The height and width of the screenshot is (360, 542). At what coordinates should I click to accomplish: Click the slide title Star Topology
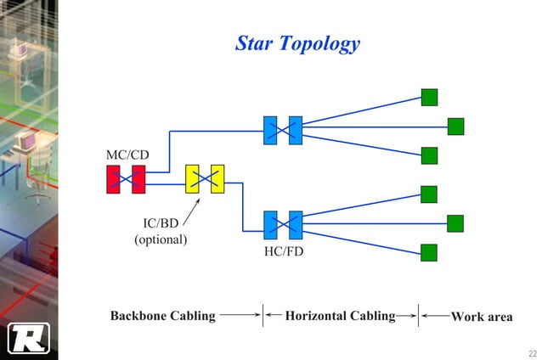(x=297, y=43)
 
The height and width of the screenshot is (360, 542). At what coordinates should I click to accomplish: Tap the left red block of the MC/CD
(x=113, y=179)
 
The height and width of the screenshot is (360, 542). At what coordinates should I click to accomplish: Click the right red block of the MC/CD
(x=138, y=179)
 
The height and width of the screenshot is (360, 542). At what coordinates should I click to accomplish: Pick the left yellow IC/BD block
(x=192, y=178)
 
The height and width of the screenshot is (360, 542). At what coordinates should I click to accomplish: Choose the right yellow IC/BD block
(x=217, y=178)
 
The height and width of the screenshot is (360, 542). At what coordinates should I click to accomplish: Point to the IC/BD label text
(x=161, y=223)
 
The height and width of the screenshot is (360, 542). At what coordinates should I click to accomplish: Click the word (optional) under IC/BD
(x=161, y=239)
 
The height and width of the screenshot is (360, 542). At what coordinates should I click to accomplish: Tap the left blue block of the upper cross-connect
(x=270, y=130)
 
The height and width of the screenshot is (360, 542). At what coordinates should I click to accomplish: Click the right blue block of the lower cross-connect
(x=296, y=225)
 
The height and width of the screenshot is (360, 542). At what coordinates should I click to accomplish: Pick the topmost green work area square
(x=429, y=97)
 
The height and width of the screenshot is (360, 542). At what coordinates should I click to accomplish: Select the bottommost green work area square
(x=429, y=252)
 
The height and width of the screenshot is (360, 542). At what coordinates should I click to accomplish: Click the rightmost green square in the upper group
(x=456, y=127)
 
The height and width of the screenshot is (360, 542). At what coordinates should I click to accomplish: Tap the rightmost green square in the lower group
(x=456, y=223)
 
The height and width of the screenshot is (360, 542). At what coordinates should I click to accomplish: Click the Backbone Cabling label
(x=163, y=316)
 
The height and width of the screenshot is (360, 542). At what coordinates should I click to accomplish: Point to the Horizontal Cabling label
(x=340, y=316)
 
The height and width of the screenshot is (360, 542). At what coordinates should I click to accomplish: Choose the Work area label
(x=482, y=317)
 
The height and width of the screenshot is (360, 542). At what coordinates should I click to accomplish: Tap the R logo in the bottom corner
(x=29, y=338)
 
